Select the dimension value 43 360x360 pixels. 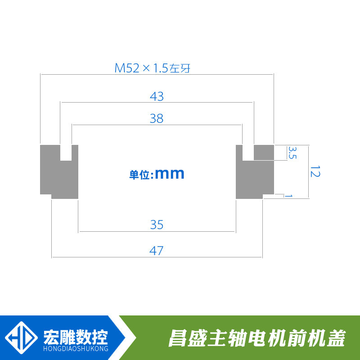tap(157, 96)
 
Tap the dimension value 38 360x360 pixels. tap(157, 119)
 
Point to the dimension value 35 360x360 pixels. tap(157, 225)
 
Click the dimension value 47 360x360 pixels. tap(157, 251)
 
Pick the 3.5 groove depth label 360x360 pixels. tap(292, 153)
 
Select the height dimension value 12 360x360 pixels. tap(315, 171)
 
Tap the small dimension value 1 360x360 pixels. tap(289, 196)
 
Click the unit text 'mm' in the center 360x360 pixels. tap(170, 174)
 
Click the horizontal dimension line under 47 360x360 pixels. tap(157, 257)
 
